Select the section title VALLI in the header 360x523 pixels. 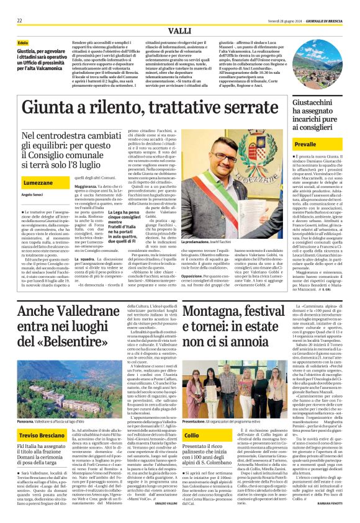coord(179,30)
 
